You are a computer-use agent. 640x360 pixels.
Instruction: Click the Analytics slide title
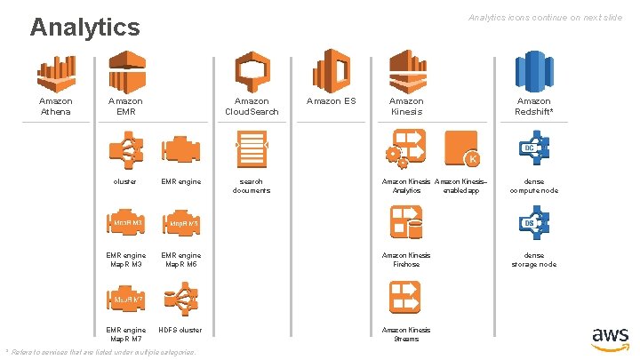point(84,27)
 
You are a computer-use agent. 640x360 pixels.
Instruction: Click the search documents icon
point(251,148)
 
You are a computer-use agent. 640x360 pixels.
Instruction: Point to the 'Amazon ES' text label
point(330,101)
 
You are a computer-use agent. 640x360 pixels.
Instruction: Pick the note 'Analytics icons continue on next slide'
point(545,18)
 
